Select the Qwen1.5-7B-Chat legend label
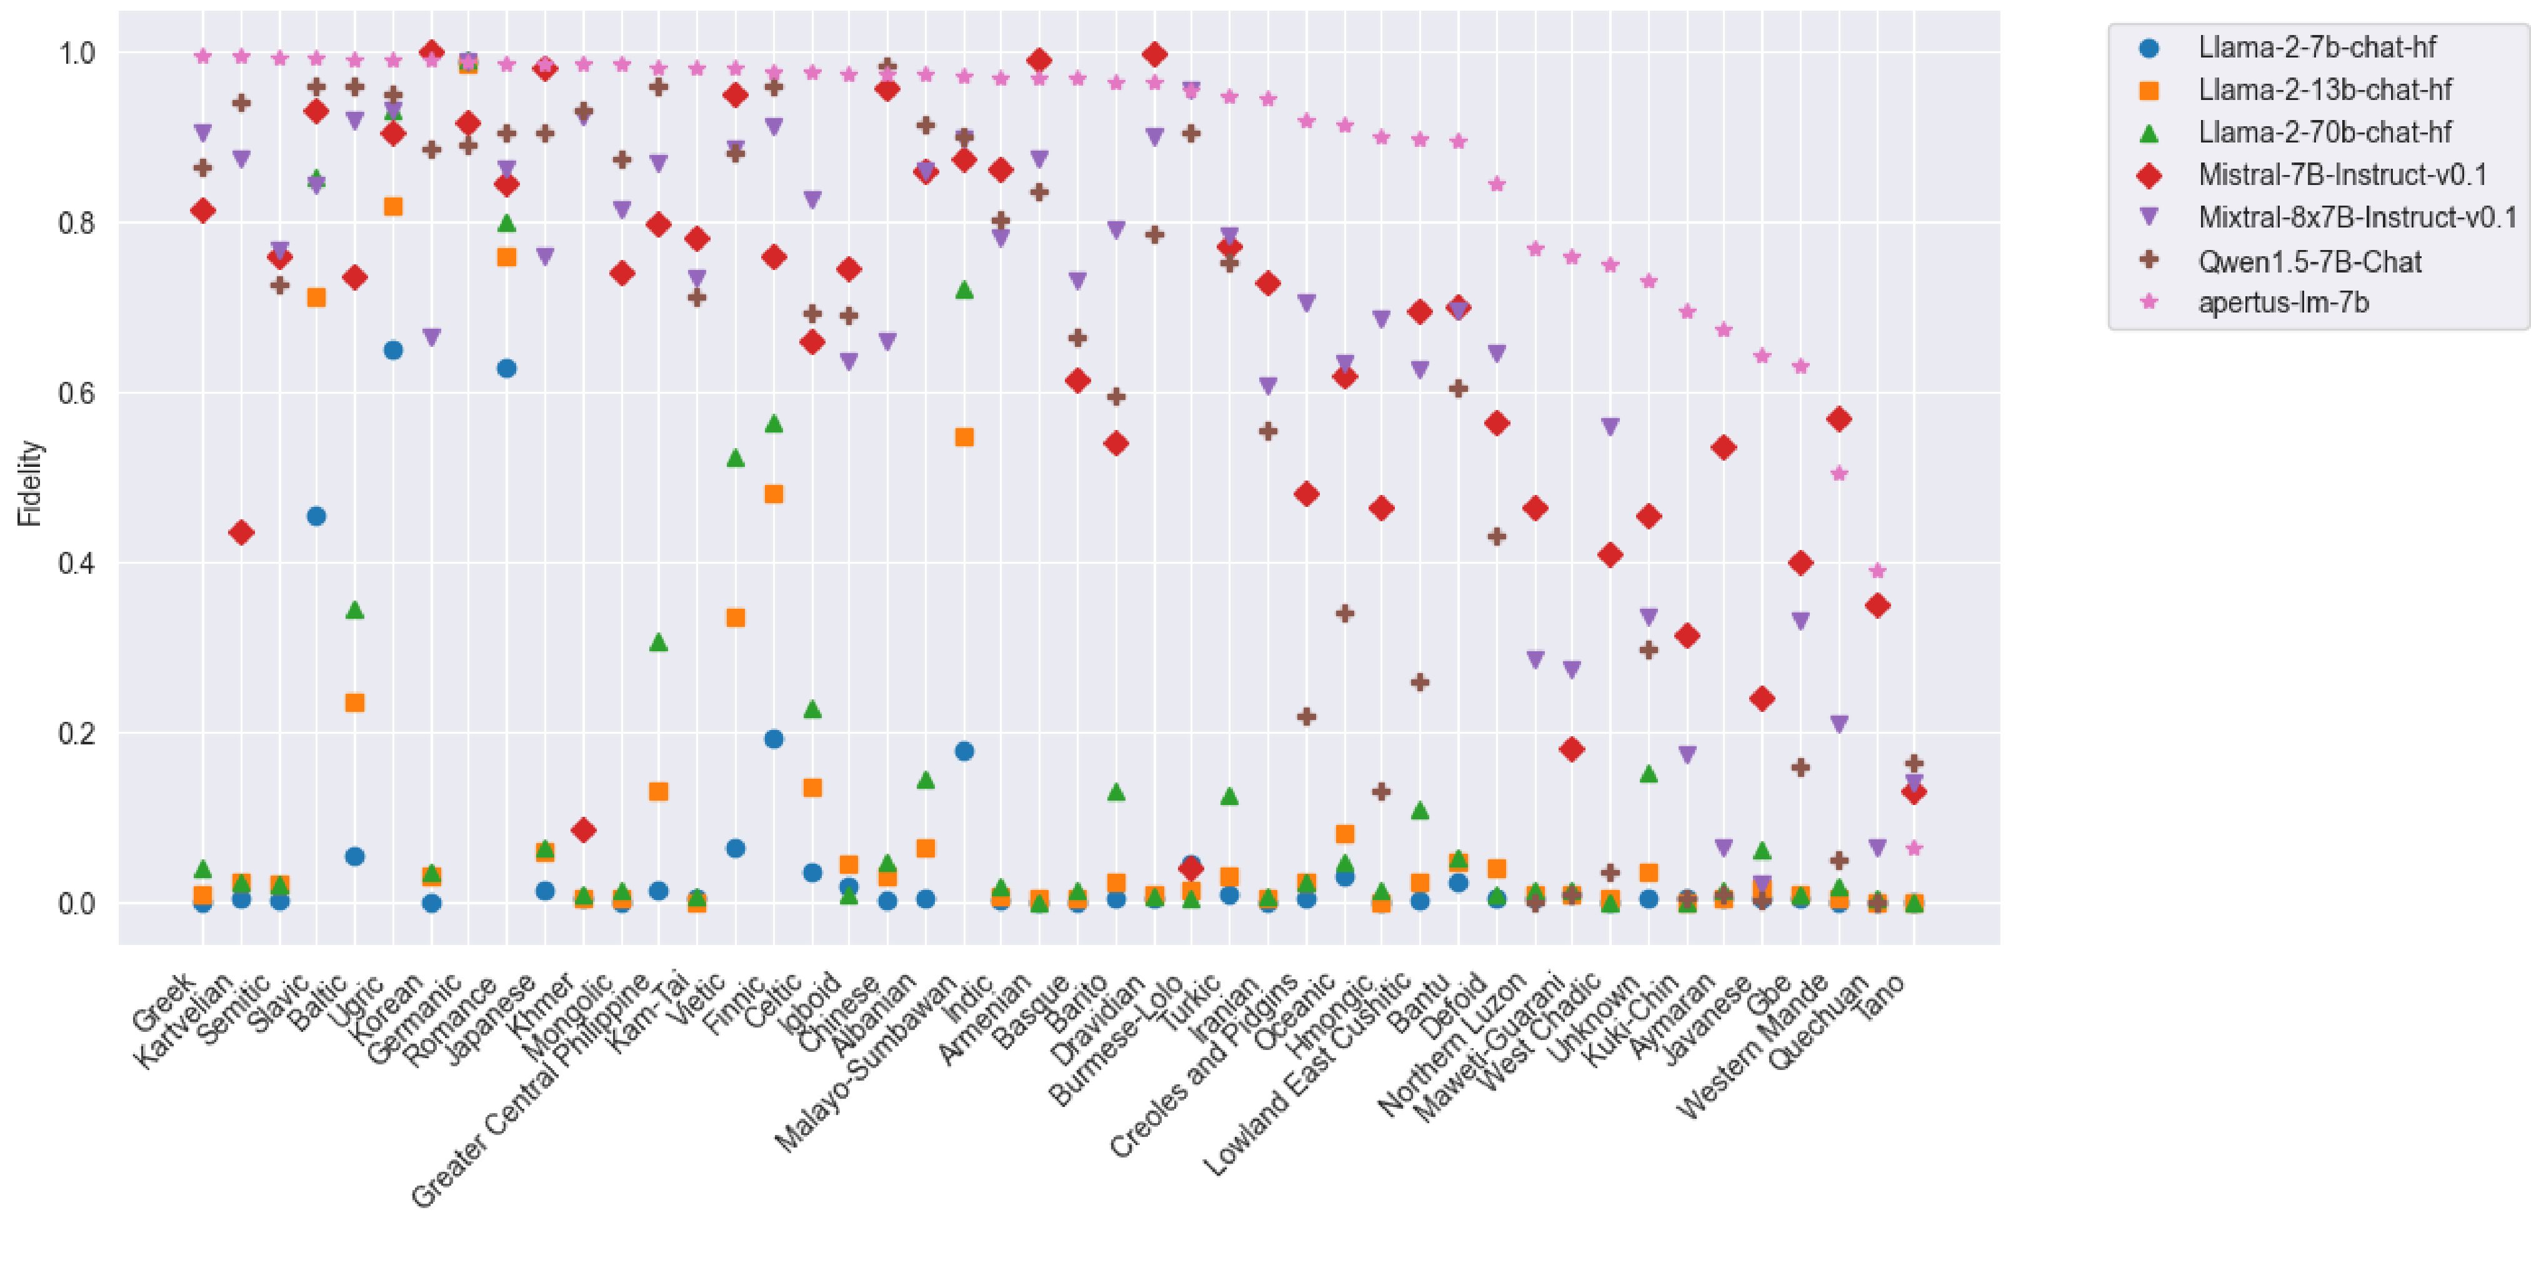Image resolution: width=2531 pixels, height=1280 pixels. coord(2309,261)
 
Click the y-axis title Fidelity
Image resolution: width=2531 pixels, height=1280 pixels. coord(31,482)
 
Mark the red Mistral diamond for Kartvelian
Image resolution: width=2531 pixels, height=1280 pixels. coord(241,532)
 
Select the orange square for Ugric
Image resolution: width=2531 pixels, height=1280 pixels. coord(393,206)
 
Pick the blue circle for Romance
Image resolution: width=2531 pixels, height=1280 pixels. coord(507,368)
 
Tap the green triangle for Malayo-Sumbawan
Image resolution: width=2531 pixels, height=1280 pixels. coord(964,290)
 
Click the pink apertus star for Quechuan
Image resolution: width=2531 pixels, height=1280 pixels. coord(1877,571)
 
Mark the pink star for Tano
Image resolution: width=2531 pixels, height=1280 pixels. coord(1914,847)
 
